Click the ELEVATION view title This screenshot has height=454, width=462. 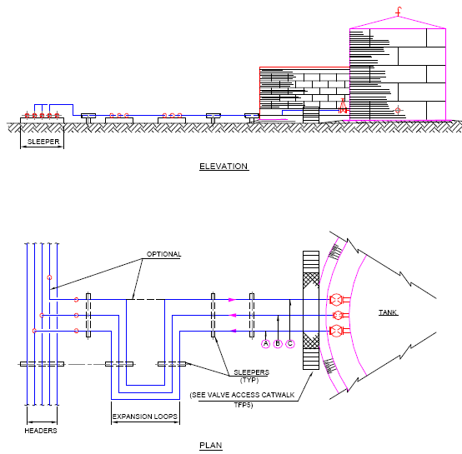pos(223,167)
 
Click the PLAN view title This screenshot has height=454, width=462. pos(211,446)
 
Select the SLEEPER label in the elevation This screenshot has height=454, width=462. pos(43,142)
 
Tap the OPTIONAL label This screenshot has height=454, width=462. pos(163,254)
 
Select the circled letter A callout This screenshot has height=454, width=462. pos(266,343)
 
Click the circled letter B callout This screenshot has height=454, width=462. pos(278,343)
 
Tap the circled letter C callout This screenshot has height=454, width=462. pos(290,343)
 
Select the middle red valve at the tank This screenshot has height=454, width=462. pos(336,315)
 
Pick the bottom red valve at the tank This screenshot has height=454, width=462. pos(336,331)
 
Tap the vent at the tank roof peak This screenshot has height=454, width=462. pos(400,10)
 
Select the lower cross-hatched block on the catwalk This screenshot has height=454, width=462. pos(311,340)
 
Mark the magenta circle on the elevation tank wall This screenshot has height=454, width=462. pos(398,109)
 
